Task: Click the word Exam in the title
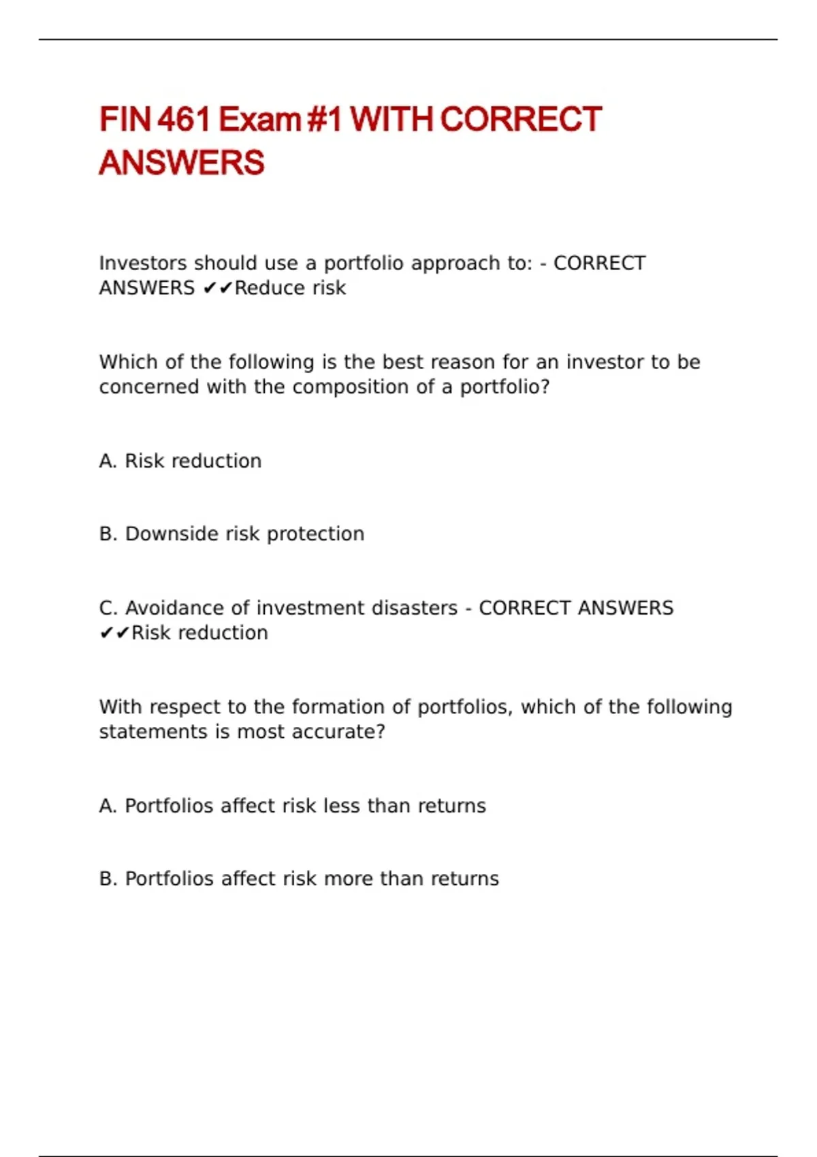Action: click(259, 119)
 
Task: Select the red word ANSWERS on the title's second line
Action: click(182, 163)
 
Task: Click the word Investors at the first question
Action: click(142, 263)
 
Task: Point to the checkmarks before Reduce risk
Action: click(218, 289)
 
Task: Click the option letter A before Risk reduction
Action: click(107, 461)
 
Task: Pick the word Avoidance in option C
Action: click(174, 608)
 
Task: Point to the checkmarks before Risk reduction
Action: click(114, 633)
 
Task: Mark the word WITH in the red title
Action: click(391, 119)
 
